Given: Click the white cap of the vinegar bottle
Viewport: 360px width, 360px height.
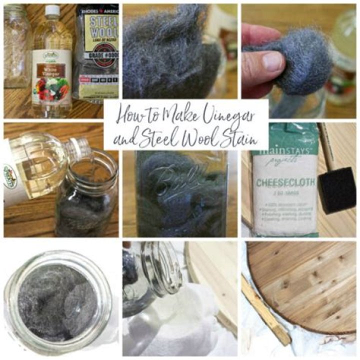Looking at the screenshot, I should pyautogui.click(x=52, y=9).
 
